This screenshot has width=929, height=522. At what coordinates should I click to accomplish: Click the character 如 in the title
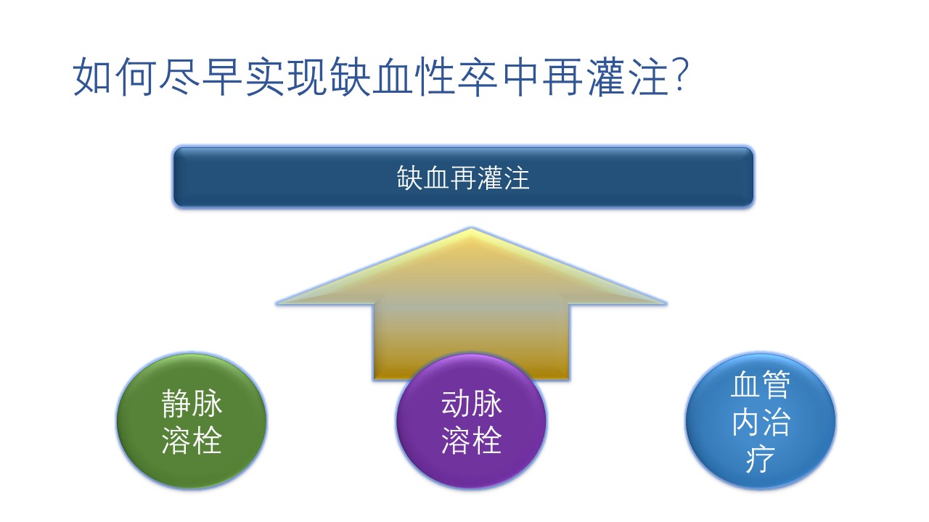(92, 77)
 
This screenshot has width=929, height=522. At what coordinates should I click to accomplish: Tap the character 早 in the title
(221, 77)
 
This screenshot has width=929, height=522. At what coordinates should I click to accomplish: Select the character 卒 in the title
(478, 77)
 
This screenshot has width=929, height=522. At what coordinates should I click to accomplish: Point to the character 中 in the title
(520, 77)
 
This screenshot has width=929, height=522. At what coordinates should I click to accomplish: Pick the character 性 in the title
(435, 77)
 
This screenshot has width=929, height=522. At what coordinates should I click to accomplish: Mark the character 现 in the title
(306, 77)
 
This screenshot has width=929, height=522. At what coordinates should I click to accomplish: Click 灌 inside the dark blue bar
(490, 178)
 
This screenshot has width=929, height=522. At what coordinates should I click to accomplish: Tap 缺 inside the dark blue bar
(410, 178)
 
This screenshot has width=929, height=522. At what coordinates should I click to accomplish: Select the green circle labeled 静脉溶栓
(192, 420)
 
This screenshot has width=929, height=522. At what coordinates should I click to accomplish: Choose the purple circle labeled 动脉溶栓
(471, 420)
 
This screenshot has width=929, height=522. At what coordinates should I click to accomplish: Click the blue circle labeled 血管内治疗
(760, 420)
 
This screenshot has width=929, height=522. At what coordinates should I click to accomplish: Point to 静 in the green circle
(176, 404)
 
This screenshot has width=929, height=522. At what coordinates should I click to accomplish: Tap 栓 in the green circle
(208, 440)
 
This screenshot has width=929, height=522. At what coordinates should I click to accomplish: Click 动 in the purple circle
(456, 404)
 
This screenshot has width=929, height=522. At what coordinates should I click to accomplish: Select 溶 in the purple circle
(456, 440)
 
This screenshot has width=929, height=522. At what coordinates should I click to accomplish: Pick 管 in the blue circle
(776, 385)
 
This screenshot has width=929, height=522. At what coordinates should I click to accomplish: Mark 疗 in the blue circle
(760, 459)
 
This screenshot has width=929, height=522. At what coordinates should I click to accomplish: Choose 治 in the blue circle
(776, 422)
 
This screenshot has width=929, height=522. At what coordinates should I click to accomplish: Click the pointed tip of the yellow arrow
(471, 228)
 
